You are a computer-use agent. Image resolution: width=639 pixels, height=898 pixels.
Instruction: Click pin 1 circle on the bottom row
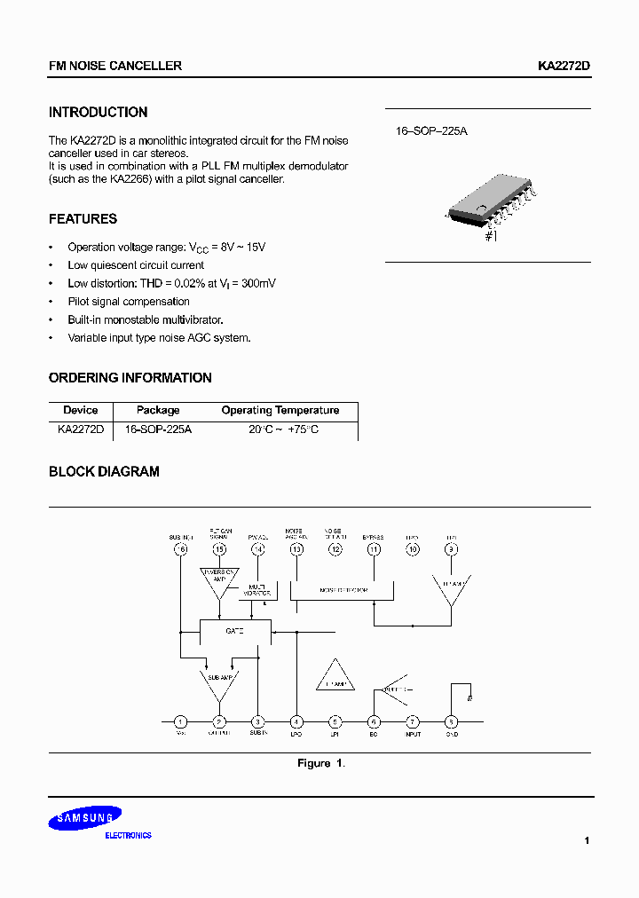(x=180, y=721)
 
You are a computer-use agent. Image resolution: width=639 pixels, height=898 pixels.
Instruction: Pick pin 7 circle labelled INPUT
(x=412, y=721)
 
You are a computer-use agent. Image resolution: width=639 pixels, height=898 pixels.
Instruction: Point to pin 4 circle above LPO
(x=296, y=721)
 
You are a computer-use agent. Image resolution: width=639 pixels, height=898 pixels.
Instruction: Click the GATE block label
(x=234, y=631)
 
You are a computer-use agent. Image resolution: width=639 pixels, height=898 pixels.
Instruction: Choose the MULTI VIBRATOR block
(x=257, y=590)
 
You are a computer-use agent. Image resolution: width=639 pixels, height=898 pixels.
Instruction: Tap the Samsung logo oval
(x=85, y=819)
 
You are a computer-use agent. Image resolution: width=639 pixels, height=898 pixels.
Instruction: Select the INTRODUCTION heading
(x=98, y=113)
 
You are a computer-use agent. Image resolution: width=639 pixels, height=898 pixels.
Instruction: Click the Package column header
(x=158, y=410)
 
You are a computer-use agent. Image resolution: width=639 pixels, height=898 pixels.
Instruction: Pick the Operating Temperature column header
(x=280, y=410)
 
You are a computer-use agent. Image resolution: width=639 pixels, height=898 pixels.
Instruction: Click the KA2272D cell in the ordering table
(x=81, y=429)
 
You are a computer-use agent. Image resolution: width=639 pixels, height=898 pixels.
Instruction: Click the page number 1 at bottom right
(x=587, y=840)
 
